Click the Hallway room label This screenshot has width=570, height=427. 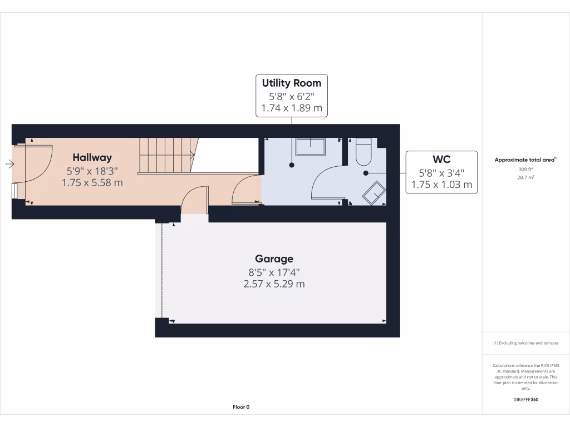(92, 157)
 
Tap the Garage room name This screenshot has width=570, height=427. (274, 259)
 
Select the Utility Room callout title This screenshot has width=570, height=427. (292, 83)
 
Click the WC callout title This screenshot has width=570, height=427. (441, 160)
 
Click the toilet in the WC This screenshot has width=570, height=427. (363, 152)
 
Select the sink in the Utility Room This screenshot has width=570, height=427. (310, 147)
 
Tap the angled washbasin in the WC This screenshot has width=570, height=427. (375, 192)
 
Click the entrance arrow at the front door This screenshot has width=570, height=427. (9, 163)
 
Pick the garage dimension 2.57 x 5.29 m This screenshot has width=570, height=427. (274, 284)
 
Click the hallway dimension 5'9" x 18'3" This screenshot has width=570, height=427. (92, 171)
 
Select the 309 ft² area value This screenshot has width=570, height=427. (525, 170)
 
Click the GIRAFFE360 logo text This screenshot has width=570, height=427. (525, 400)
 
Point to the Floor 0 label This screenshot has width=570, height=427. (240, 407)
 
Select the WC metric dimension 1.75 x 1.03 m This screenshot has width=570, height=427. (441, 184)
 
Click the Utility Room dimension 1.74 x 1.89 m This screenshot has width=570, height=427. (292, 108)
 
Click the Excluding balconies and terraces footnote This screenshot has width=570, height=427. (525, 343)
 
